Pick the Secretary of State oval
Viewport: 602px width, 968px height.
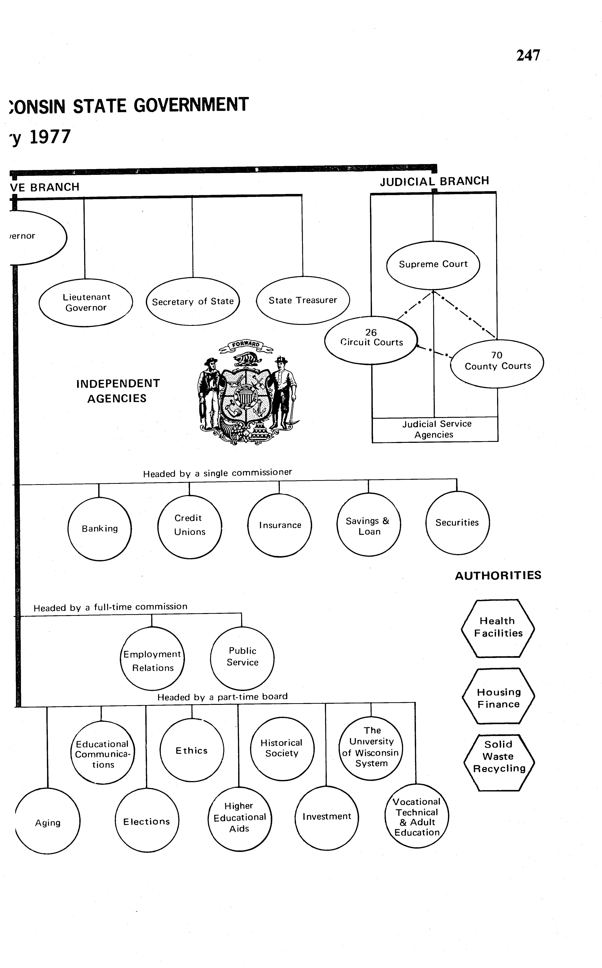pyautogui.click(x=193, y=302)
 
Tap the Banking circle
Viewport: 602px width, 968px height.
pyautogui.click(x=100, y=529)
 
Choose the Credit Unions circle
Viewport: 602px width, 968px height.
pyautogui.click(x=190, y=526)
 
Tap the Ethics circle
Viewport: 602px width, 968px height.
pyautogui.click(x=192, y=750)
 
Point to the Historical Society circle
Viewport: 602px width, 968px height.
pyautogui.click(x=282, y=748)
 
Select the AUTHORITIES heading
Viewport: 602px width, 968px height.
pyautogui.click(x=498, y=576)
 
